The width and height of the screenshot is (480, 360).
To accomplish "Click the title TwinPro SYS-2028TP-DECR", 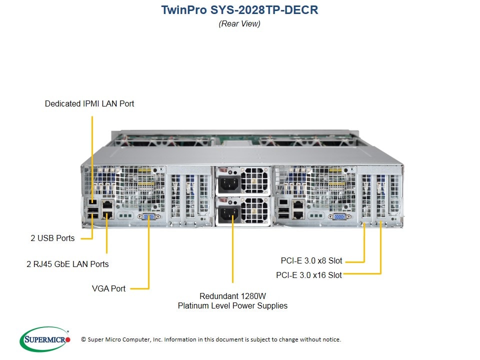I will pyautogui.click(x=239, y=10).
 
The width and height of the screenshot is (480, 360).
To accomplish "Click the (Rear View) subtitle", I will pyautogui.click(x=239, y=23).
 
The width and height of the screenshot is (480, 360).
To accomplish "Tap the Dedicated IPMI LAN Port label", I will pyautogui.click(x=89, y=104).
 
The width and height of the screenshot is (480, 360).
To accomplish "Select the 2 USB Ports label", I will pyautogui.click(x=52, y=238).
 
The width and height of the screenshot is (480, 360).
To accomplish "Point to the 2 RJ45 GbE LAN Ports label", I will pyautogui.click(x=67, y=263).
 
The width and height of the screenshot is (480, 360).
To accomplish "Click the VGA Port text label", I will pyautogui.click(x=108, y=288).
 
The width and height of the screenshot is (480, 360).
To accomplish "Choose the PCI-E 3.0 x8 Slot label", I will pyautogui.click(x=311, y=260).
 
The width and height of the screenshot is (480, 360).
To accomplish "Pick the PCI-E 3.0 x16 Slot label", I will pyautogui.click(x=309, y=275).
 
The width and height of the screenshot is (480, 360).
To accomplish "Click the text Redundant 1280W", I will pyautogui.click(x=232, y=295).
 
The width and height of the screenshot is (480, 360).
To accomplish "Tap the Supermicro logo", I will pyautogui.click(x=45, y=339).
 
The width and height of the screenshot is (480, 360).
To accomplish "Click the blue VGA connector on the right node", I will pyautogui.click(x=338, y=216).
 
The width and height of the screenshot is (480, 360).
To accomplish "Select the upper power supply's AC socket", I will pyautogui.click(x=227, y=183).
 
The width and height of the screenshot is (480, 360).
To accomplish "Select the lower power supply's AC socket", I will pyautogui.click(x=227, y=215).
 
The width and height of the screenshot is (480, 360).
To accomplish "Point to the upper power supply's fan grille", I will pyautogui.click(x=255, y=180).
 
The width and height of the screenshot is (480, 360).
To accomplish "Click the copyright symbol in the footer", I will pyautogui.click(x=83, y=339).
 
